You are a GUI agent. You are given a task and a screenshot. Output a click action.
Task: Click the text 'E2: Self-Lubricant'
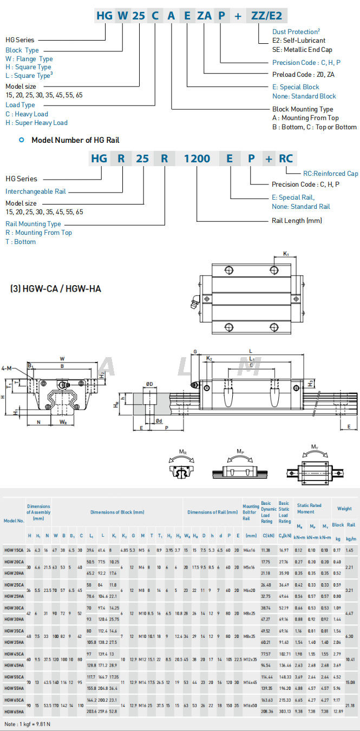(x=299, y=41)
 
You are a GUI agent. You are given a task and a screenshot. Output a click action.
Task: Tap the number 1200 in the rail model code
(x=197, y=159)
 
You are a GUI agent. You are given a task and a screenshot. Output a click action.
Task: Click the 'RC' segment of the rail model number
(x=286, y=159)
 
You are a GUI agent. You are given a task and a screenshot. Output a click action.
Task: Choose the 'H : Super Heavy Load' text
(x=36, y=123)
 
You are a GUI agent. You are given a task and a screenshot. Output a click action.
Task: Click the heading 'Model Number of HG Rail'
(x=75, y=140)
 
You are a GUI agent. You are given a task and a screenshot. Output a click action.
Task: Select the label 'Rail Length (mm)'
(x=297, y=221)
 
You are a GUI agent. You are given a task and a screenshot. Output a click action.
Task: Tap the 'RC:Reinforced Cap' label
(x=330, y=174)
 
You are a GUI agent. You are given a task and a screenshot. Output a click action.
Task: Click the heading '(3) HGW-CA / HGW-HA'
(x=56, y=289)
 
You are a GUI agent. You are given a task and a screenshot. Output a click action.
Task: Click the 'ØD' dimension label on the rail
(x=149, y=385)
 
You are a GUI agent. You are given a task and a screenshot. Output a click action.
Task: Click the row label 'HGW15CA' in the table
(x=14, y=550)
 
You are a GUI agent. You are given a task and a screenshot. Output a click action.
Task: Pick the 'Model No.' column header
(x=14, y=521)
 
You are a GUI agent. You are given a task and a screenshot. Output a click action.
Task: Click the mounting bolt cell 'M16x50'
(x=251, y=706)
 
